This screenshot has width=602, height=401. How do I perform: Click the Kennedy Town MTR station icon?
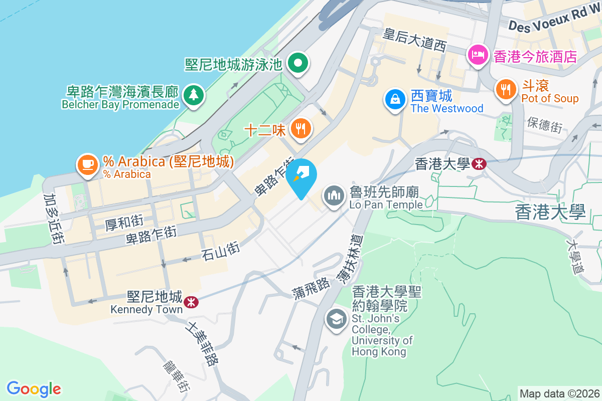(x=190, y=301)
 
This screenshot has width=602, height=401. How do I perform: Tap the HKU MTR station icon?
(x=479, y=163)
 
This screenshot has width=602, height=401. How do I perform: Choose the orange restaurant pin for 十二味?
(x=300, y=129)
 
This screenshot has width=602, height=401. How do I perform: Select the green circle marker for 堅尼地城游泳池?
(x=298, y=64)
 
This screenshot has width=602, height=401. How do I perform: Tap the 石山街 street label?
(x=221, y=250)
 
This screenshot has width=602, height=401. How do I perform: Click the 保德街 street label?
(x=545, y=125)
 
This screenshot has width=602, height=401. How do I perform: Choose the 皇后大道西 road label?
(x=414, y=41)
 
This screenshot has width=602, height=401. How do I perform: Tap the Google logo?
(x=34, y=389)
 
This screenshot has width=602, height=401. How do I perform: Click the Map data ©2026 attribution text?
(x=559, y=393)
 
